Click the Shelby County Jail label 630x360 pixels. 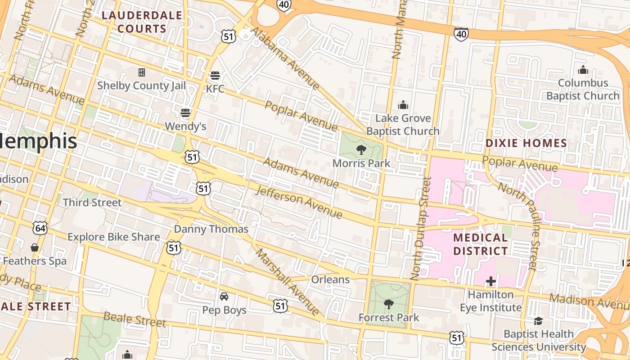point(141,85)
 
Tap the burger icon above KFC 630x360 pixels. point(215,75)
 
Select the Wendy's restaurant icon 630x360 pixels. point(185,112)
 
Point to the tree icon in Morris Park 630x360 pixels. point(361,150)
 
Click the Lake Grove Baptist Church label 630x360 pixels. point(403,125)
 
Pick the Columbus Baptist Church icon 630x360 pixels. point(583,70)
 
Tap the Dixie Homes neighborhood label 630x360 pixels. point(526,144)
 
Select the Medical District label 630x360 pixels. point(480,244)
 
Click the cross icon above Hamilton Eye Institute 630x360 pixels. point(490,282)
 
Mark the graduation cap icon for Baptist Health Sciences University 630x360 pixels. point(538,321)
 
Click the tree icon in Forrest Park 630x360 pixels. point(388,304)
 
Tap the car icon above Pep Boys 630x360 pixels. point(224,297)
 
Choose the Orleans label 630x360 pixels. point(330,279)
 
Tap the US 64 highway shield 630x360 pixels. point(40,228)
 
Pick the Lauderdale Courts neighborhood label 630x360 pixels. point(142,22)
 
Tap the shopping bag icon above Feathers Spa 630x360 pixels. point(34,247)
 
